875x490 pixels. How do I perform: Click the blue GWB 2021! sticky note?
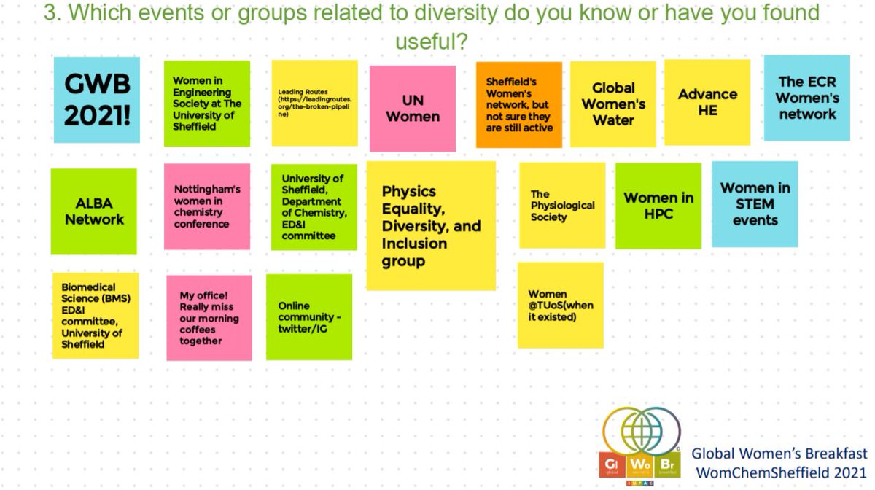click(x=97, y=100)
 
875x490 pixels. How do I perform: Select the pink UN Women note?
click(x=412, y=109)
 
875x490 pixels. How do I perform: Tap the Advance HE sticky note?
click(x=707, y=103)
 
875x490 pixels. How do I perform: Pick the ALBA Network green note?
click(x=94, y=211)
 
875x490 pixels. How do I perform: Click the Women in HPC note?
click(x=658, y=206)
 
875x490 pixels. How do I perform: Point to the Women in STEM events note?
click(x=755, y=204)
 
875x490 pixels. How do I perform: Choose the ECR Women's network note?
click(x=806, y=98)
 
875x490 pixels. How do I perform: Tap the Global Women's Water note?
click(x=613, y=104)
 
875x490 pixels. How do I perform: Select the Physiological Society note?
click(x=562, y=206)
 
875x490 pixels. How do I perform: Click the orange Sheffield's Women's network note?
click(x=519, y=105)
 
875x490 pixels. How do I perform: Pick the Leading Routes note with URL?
click(x=314, y=103)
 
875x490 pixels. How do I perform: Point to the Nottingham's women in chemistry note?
click(x=206, y=206)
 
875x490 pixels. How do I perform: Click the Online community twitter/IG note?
click(x=309, y=316)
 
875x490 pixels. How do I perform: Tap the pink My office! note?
click(x=209, y=318)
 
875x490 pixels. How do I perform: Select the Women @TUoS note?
click(x=560, y=306)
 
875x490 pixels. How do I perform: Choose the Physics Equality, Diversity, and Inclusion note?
click(x=431, y=226)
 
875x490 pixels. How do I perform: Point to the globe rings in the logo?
click(x=642, y=432)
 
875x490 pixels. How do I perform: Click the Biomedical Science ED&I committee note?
click(x=96, y=316)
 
